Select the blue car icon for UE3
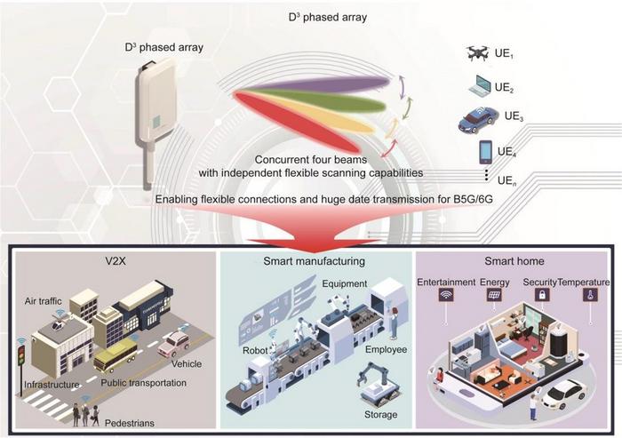pyautogui.click(x=479, y=120)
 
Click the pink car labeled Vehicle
pyautogui.click(x=174, y=343)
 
